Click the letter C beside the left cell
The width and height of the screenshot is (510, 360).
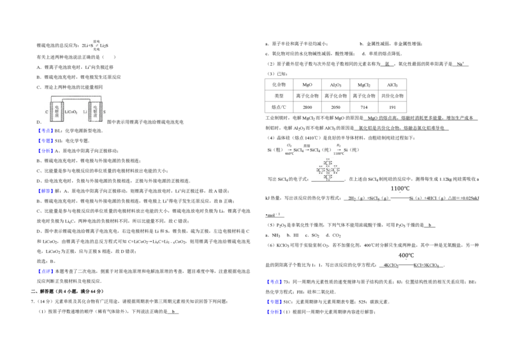click(x=47, y=112)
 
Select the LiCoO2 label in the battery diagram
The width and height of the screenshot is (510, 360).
click(x=71, y=112)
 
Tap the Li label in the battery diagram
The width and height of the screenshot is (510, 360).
click(x=85, y=112)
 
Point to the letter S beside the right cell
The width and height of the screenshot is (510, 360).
click(x=105, y=112)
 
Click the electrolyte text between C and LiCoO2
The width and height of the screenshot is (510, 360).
click(x=57, y=112)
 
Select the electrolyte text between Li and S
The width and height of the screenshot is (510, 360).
click(x=95, y=112)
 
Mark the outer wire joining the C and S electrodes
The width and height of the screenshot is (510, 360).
click(x=76, y=97)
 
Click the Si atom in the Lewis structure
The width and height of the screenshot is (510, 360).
click(x=328, y=170)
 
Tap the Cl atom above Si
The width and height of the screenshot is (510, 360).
click(x=328, y=163)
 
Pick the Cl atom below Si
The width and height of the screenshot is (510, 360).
click(x=328, y=177)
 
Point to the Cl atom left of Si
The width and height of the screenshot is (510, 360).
click(x=320, y=170)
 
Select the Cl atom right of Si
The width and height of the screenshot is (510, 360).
click(x=335, y=170)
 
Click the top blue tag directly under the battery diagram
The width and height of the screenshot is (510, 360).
click(x=46, y=131)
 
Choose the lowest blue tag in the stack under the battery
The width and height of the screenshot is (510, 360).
click(x=46, y=152)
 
